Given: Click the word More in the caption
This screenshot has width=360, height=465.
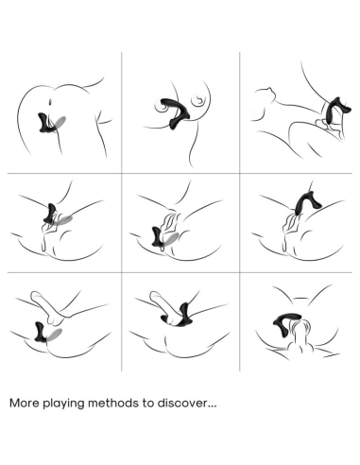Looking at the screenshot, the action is point(26,403).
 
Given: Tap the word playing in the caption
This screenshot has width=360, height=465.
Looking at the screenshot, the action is point(64,404).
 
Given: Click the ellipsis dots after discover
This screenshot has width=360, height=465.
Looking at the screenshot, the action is point(213,406).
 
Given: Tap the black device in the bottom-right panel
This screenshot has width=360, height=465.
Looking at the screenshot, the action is point(282,323).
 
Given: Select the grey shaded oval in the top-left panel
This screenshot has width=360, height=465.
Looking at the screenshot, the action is point(60,122).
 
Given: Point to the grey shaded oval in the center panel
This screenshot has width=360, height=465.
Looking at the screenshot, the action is point(171,239).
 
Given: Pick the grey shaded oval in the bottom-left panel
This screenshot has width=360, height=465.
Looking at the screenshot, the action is point(54,335).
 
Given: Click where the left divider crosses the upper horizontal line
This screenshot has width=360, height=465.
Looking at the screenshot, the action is point(122,173).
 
